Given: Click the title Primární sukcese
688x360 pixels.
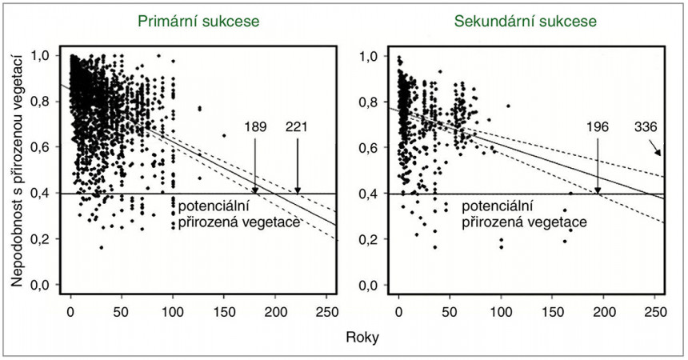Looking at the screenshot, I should click(x=198, y=22).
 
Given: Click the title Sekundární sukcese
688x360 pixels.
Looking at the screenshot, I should click(x=525, y=22).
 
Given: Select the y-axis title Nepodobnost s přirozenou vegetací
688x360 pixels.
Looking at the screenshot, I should click(x=18, y=170).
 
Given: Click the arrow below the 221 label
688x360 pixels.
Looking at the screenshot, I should click(x=298, y=164).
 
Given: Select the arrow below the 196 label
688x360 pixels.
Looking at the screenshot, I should click(x=597, y=164).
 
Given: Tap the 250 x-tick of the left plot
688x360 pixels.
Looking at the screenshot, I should click(x=326, y=310).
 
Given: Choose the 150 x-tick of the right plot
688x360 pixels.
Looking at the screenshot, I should click(x=553, y=310).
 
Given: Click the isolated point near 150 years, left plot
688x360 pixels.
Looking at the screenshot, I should click(x=224, y=136).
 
